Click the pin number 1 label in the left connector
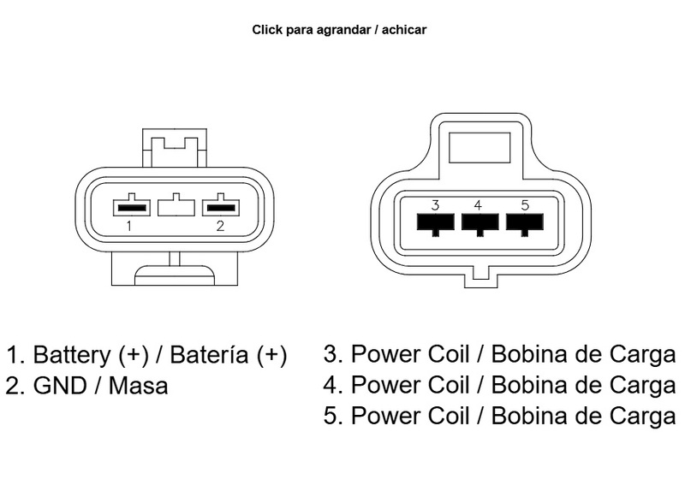pyautogui.click(x=128, y=227)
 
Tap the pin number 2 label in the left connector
pyautogui.click(x=220, y=227)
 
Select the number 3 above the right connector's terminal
pyautogui.click(x=435, y=205)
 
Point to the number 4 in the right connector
pyautogui.click(x=478, y=205)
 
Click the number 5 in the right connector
pyautogui.click(x=524, y=205)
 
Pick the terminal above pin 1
pyautogui.click(x=132, y=207)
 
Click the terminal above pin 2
pyautogui.click(x=221, y=207)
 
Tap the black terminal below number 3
pyautogui.click(x=435, y=223)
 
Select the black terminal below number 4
pyautogui.click(x=479, y=223)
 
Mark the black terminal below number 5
pyautogui.click(x=524, y=223)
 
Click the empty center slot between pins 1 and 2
pyautogui.click(x=176, y=205)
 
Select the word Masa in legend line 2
pyautogui.click(x=139, y=386)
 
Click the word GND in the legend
pyautogui.click(x=55, y=386)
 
